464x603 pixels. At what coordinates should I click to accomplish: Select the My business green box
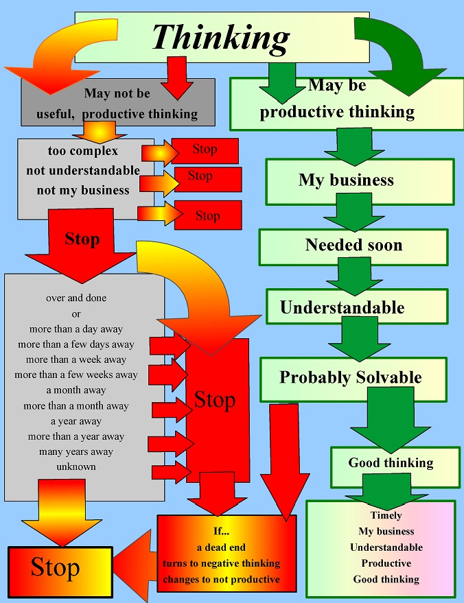click(347, 180)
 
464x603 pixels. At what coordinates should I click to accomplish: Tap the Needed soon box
click(353, 246)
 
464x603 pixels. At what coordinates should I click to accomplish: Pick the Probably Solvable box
click(350, 377)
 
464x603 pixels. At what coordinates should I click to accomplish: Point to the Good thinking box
click(391, 462)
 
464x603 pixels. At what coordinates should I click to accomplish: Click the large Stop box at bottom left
click(59, 568)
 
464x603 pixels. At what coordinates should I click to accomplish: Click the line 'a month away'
click(76, 390)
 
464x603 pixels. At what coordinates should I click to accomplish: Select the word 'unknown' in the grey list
click(76, 466)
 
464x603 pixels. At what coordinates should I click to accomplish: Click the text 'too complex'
click(82, 151)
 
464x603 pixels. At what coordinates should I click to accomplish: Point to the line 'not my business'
click(82, 191)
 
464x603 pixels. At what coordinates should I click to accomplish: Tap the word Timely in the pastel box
click(386, 515)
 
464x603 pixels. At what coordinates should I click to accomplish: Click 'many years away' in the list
click(76, 451)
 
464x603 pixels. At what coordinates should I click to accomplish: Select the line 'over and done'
click(76, 298)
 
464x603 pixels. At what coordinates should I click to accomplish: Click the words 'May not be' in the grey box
click(117, 93)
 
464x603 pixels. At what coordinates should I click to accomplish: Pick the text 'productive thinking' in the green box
click(337, 112)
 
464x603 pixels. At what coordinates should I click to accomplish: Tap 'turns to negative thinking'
click(221, 563)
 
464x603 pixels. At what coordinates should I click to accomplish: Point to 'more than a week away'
click(76, 359)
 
